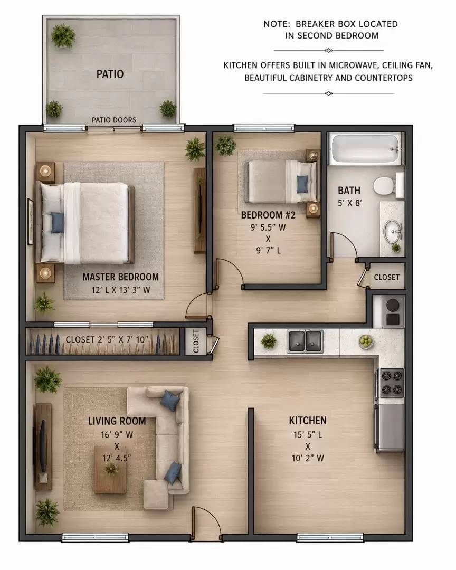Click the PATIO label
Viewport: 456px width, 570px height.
[110, 74]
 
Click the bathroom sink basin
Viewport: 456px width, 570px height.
[392, 231]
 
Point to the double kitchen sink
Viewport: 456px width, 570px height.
[306, 341]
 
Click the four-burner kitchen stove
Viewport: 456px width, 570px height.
[392, 383]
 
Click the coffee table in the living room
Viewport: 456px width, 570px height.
[110, 469]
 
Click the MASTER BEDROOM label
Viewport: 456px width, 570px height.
[120, 277]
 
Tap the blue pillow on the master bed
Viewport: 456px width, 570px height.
[57, 223]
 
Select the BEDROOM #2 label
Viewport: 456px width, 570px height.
[268, 215]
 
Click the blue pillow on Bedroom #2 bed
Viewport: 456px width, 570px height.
[302, 184]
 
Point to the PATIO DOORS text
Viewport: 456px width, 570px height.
[114, 120]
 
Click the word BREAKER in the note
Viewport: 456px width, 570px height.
[312, 24]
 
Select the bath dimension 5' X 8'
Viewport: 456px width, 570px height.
[349, 203]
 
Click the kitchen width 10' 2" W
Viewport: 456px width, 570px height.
[308, 459]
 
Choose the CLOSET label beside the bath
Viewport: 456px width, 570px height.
[386, 277]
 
